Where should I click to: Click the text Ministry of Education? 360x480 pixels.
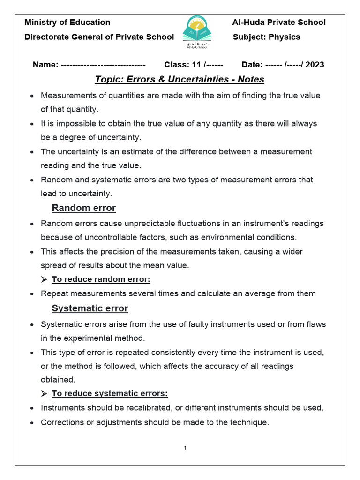tap(67, 22)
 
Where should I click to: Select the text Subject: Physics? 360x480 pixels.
tap(266, 37)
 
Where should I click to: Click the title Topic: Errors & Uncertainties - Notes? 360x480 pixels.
tap(180, 80)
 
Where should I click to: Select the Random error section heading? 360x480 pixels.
tap(83, 208)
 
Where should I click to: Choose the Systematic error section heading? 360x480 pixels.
tap(90, 308)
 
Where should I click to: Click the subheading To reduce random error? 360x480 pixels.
tap(101, 280)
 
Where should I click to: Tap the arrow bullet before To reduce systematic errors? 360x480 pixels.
tap(44, 393)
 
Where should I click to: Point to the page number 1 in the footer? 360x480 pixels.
tap(185, 449)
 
